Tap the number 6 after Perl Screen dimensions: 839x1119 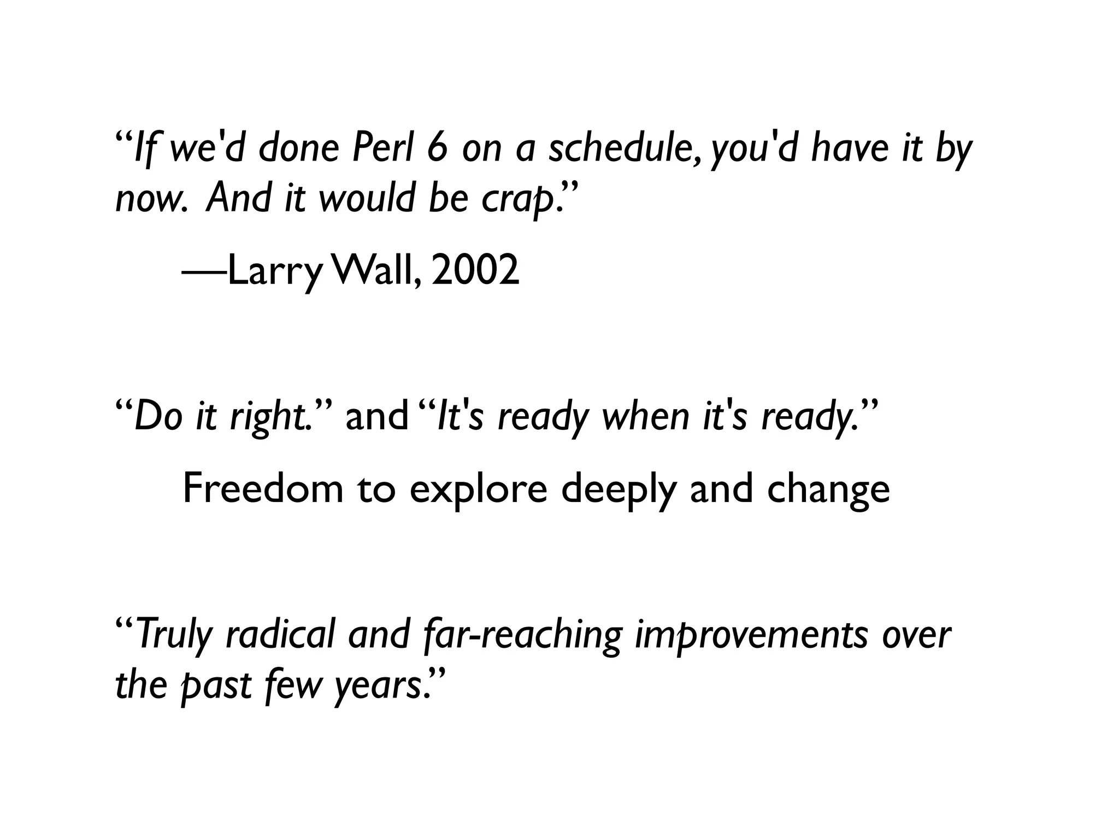click(438, 149)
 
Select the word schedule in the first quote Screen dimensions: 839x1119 click(623, 149)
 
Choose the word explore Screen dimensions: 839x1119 click(478, 489)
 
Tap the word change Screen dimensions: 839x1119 click(828, 489)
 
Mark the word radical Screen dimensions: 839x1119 click(279, 635)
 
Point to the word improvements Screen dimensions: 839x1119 click(752, 636)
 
